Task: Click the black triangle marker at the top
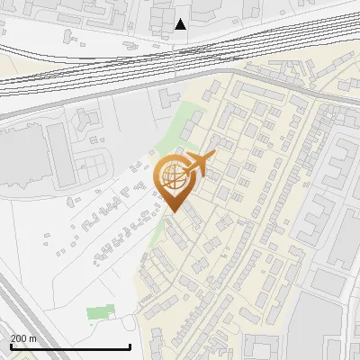click(x=181, y=23)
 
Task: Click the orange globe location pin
click(x=175, y=180)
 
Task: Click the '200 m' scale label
click(x=23, y=338)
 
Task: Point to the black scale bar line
click(x=70, y=346)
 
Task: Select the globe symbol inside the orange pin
click(x=174, y=177)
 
